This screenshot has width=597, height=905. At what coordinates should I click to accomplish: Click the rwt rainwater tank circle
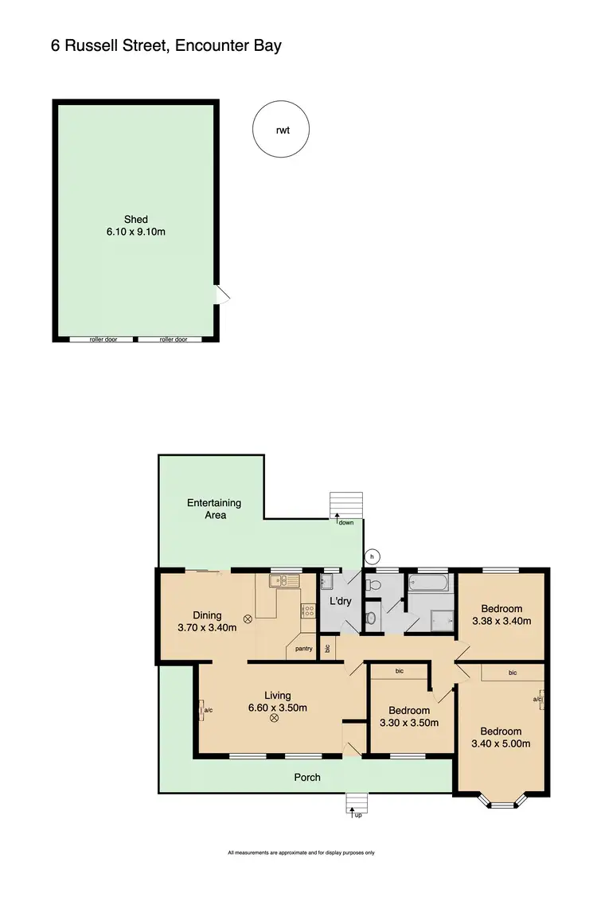[281, 130]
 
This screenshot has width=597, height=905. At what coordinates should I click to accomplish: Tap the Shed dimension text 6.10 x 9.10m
[135, 232]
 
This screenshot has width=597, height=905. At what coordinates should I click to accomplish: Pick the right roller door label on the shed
[173, 339]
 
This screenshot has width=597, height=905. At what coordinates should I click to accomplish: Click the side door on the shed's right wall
[223, 296]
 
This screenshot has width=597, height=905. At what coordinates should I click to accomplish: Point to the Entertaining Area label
[213, 509]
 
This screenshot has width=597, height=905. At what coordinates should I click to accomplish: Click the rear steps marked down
[346, 506]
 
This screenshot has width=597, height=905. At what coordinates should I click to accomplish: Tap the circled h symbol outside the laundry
[370, 556]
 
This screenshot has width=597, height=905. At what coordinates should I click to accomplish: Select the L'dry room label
[341, 602]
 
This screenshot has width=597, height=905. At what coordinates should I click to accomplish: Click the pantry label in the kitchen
[303, 649]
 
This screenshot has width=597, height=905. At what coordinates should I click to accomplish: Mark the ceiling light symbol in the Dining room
[248, 618]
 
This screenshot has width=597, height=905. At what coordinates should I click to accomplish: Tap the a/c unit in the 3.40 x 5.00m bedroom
[539, 700]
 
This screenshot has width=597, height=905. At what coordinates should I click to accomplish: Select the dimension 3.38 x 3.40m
[501, 621]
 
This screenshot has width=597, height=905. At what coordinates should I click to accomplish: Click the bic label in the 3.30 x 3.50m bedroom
[400, 671]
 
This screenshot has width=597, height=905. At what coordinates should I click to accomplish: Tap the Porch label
[307, 777]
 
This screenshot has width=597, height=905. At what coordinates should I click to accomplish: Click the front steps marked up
[356, 805]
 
